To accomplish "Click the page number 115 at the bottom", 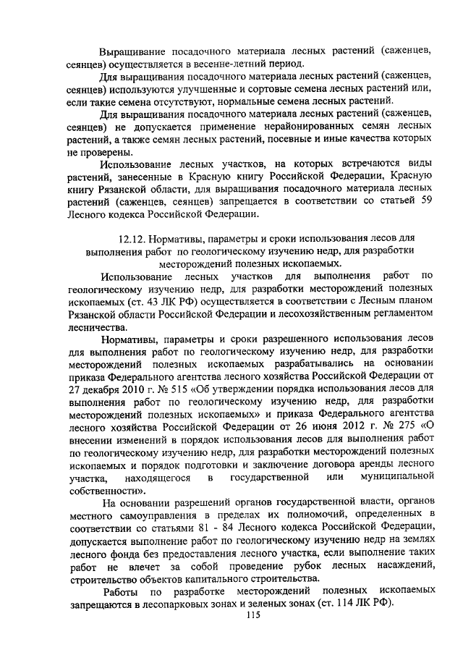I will pos(252,616).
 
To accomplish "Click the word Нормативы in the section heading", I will pos(177,239).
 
